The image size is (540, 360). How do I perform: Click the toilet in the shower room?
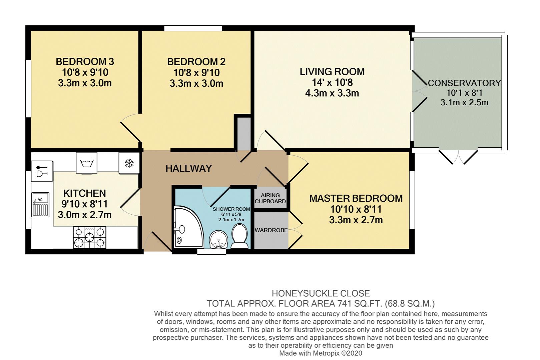pyautogui.click(x=239, y=236)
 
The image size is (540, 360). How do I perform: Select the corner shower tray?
pyautogui.click(x=188, y=227)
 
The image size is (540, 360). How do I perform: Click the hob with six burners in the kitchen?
pyautogui.click(x=89, y=237)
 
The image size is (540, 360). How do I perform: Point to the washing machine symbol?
pyautogui.click(x=86, y=163)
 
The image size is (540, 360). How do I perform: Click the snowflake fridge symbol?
pyautogui.click(x=129, y=163)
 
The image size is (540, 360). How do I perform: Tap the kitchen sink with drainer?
pyautogui.click(x=40, y=204)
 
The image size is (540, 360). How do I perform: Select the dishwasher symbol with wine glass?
pyautogui.click(x=42, y=171)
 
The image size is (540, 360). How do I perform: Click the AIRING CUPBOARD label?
pyautogui.click(x=270, y=198)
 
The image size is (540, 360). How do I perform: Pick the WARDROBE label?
pyautogui.click(x=271, y=230)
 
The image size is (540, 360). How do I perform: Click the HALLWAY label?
pyautogui.click(x=189, y=168)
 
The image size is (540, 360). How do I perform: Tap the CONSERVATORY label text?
pyautogui.click(x=464, y=83)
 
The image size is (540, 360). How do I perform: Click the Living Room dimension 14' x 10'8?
pyautogui.click(x=332, y=82)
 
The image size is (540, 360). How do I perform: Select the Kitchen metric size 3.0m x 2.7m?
pyautogui.click(x=85, y=214)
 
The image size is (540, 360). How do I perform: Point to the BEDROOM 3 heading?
pyautogui.click(x=85, y=61)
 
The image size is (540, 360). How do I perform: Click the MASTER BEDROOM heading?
pyautogui.click(x=356, y=198)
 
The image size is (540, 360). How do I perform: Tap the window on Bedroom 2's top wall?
pyautogui.click(x=193, y=28)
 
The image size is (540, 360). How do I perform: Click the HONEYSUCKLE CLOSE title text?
pyautogui.click(x=321, y=293)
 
